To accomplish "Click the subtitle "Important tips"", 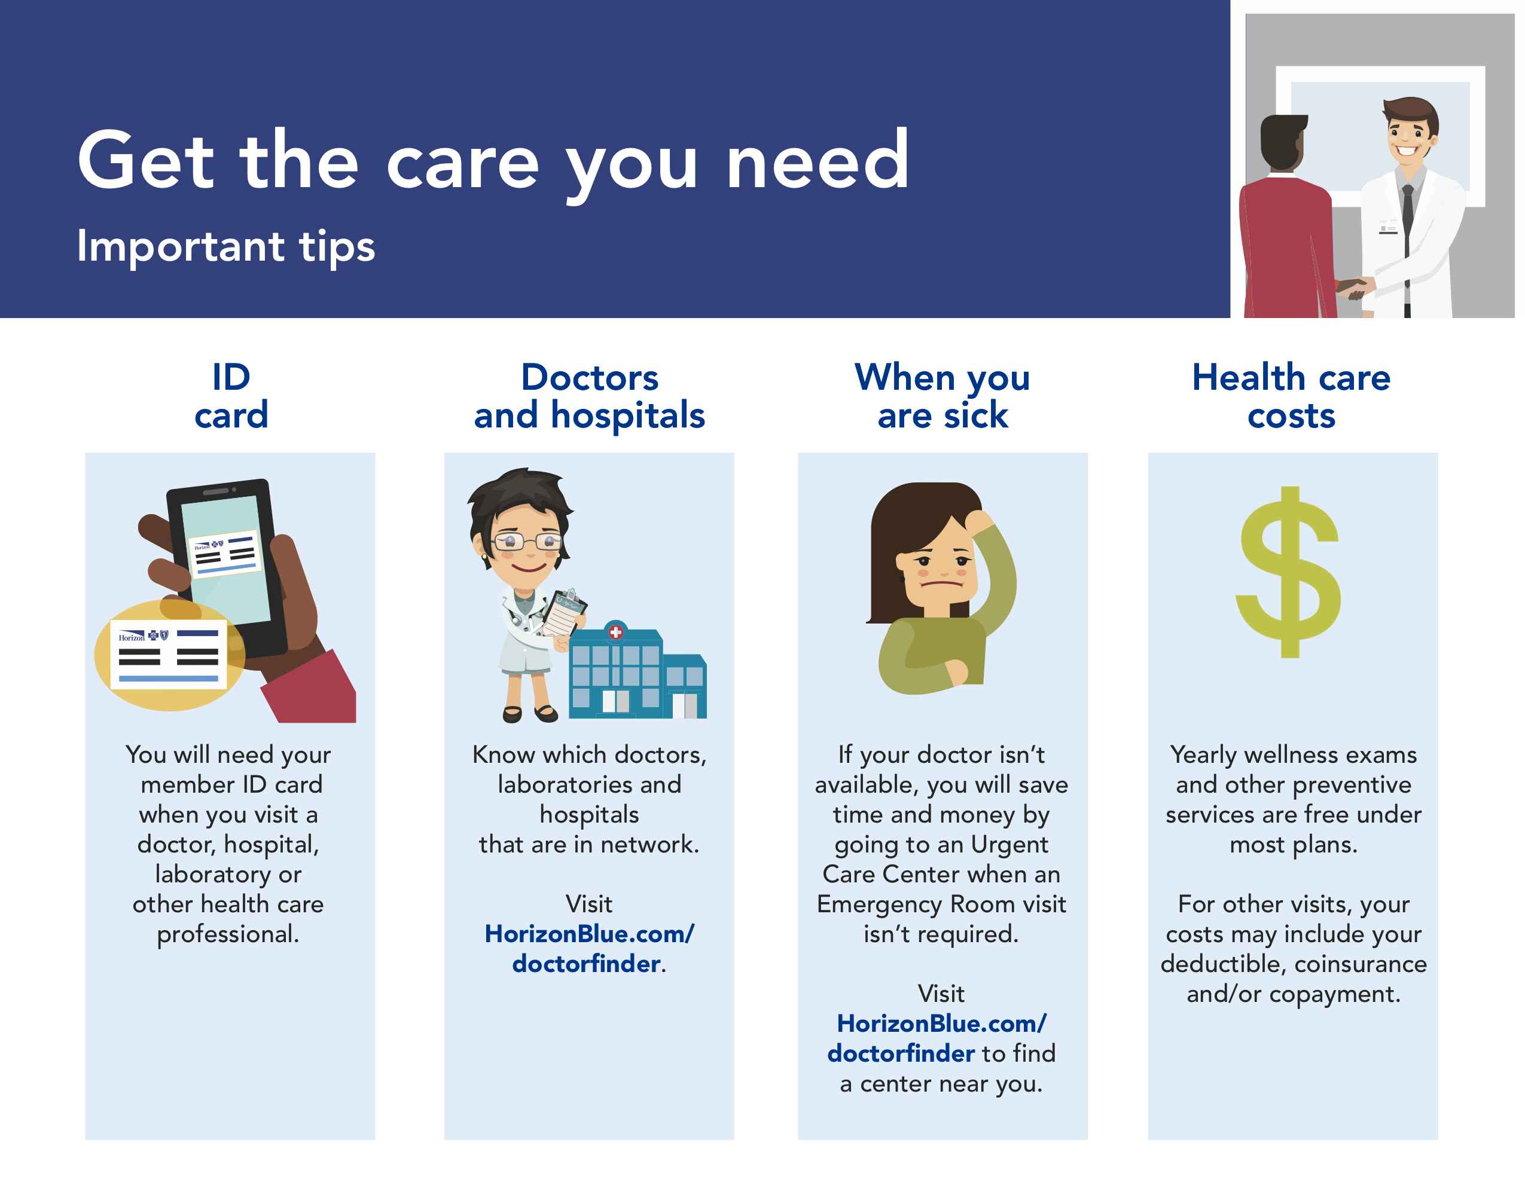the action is click(226, 246).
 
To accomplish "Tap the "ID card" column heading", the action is click(231, 396).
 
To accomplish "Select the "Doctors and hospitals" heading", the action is click(590, 396).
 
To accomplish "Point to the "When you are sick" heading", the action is click(943, 396).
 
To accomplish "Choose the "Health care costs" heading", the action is click(1292, 396).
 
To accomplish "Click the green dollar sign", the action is click(1289, 572).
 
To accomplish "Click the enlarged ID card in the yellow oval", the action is click(169, 654).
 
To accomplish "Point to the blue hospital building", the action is click(636, 671).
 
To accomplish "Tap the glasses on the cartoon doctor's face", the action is click(527, 542).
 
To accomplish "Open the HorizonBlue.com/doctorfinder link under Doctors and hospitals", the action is click(590, 949).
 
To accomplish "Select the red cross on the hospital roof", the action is click(615, 631).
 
